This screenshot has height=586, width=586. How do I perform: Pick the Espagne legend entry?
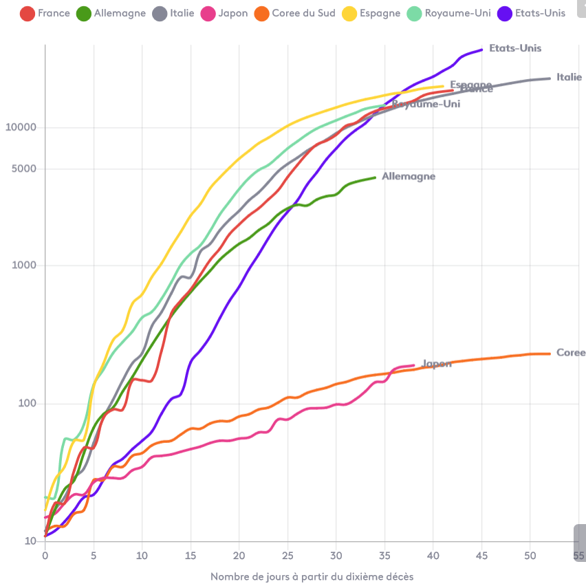[x=371, y=13]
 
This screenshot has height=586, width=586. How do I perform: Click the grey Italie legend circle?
[x=160, y=13]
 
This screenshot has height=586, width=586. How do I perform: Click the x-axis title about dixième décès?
[x=312, y=576]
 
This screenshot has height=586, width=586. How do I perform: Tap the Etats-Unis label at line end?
[x=514, y=48]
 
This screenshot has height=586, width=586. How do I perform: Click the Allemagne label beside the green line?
[x=409, y=177]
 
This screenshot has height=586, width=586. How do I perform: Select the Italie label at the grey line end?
[x=569, y=77]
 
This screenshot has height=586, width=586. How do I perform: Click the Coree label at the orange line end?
[x=570, y=353]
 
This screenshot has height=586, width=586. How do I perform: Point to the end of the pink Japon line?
[x=414, y=365]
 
